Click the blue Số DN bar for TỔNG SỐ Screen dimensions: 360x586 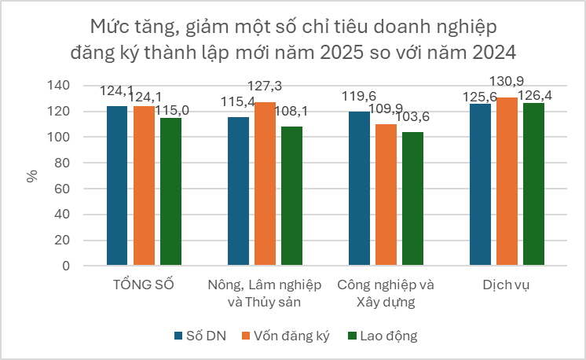117,186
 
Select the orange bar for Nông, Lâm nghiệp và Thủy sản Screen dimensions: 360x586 265,183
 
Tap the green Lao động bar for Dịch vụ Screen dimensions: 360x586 533,184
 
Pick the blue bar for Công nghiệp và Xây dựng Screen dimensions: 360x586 359,189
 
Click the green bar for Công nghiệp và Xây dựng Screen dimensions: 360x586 412,199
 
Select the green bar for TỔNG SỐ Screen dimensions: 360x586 170,192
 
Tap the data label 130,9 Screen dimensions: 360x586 507,82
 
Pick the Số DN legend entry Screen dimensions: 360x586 201,336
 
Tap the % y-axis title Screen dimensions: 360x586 32,175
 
